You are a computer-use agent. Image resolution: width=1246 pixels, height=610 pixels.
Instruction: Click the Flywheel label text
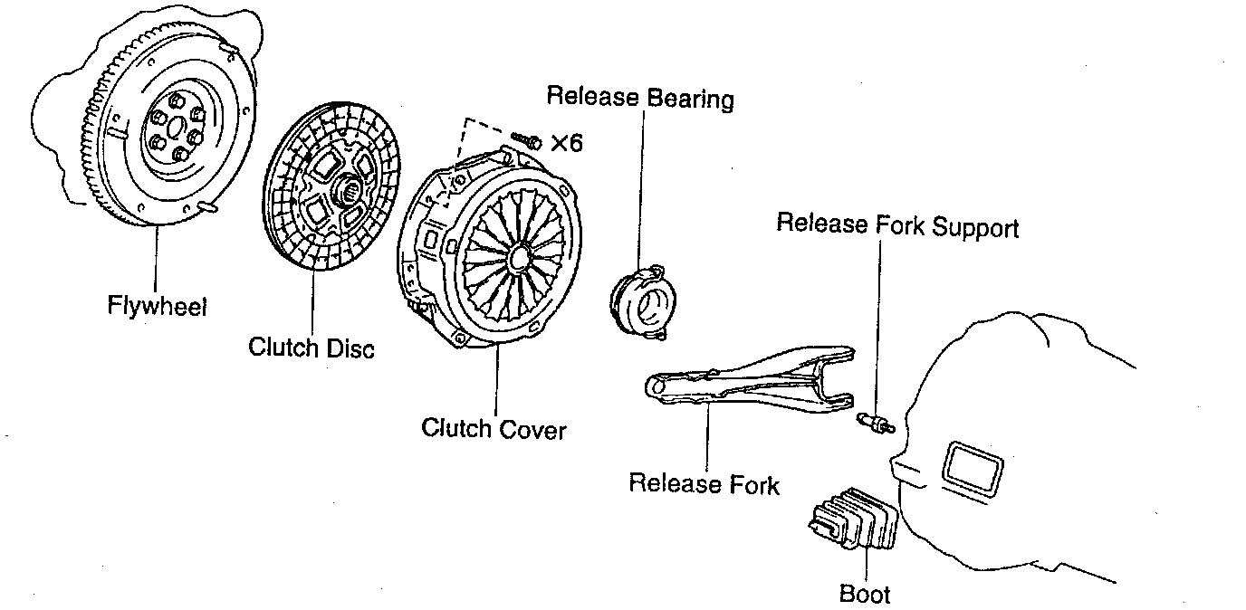click(x=157, y=306)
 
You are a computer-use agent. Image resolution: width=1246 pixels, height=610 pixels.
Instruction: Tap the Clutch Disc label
click(x=311, y=348)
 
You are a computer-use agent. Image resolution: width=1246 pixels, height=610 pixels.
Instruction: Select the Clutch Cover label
click(x=494, y=427)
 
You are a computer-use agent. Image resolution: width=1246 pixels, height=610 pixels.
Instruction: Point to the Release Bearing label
click(x=640, y=97)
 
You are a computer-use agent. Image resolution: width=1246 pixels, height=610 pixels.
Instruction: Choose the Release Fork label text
click(x=704, y=483)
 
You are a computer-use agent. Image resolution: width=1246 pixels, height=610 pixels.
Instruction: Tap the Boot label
click(x=865, y=594)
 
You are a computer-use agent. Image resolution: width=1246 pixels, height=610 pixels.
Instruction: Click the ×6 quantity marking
click(x=567, y=143)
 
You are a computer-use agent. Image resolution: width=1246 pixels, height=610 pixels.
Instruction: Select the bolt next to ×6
click(x=524, y=140)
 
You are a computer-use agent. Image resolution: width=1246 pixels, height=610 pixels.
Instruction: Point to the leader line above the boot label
click(x=866, y=565)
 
